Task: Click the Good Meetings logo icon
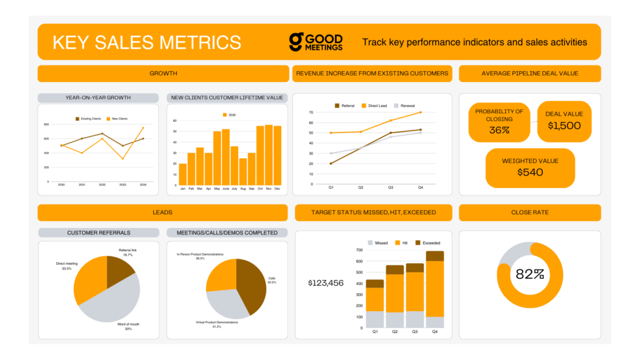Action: [x=296, y=42]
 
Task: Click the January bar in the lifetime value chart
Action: [x=182, y=174]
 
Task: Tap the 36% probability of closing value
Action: [x=499, y=131]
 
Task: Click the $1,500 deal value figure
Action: [x=564, y=125]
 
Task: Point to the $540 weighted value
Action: [x=530, y=172]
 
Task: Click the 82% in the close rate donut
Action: [x=529, y=274]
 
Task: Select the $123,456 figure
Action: [x=326, y=283]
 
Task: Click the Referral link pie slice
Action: [x=119, y=268]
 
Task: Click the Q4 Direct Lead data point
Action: [x=420, y=112]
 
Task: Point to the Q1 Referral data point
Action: [x=331, y=164]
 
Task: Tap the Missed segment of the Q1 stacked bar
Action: [x=375, y=319]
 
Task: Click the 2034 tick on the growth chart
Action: [x=143, y=185]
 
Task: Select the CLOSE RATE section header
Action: [x=529, y=212]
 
